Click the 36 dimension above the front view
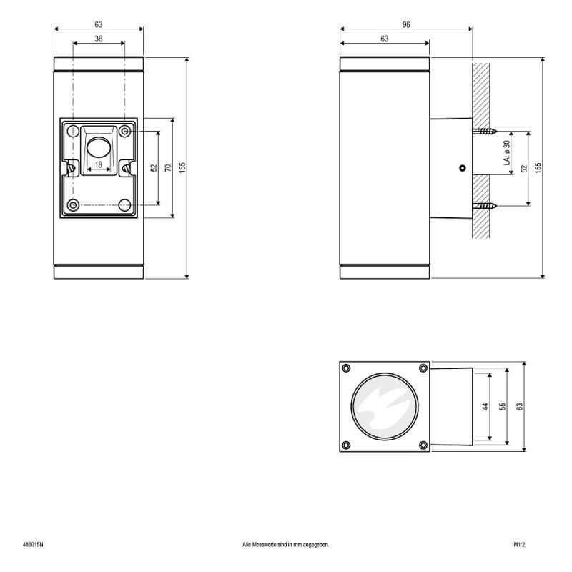click(x=98, y=39)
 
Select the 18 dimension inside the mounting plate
click(x=99, y=164)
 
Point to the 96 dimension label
click(x=405, y=24)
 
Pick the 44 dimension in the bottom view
click(x=485, y=406)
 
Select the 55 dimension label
click(x=503, y=406)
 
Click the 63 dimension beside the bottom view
click(x=521, y=406)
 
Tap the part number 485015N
click(x=33, y=545)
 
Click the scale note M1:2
click(x=520, y=545)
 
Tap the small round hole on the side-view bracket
click(x=463, y=169)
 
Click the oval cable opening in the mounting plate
click(x=98, y=148)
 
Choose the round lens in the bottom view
click(x=385, y=406)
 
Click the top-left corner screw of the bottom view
click(x=347, y=368)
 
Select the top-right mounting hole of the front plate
click(x=125, y=132)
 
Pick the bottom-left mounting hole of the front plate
click(x=72, y=205)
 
